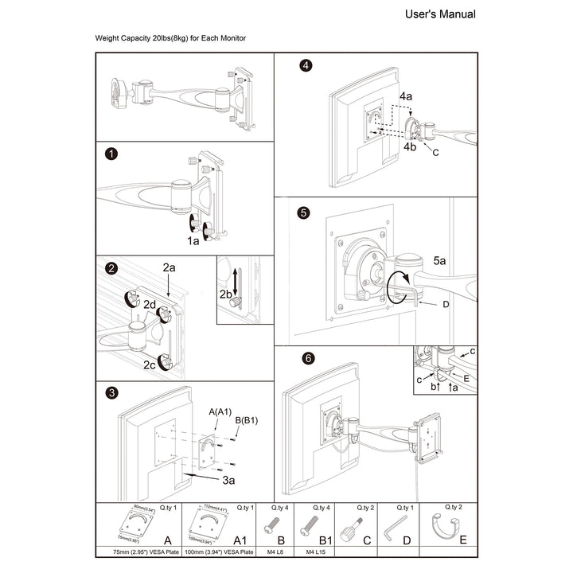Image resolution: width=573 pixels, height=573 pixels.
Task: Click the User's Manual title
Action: pos(440,14)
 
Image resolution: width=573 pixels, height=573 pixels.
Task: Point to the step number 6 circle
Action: pos(307,359)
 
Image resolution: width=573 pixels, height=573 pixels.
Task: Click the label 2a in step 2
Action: pos(169,269)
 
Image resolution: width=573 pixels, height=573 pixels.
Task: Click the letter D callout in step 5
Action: pos(446,304)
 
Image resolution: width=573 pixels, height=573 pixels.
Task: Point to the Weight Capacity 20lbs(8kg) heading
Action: pos(170,38)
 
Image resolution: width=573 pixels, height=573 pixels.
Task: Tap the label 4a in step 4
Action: pos(406,96)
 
